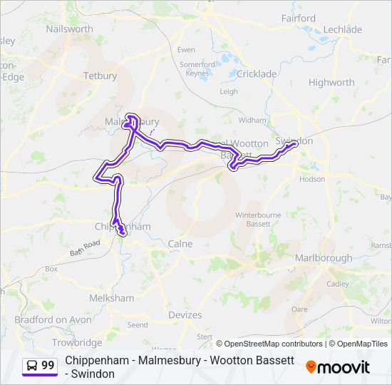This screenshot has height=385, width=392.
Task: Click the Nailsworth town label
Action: (x=69, y=29)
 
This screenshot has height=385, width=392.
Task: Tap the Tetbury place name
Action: (x=100, y=76)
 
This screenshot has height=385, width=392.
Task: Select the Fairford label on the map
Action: (x=299, y=18)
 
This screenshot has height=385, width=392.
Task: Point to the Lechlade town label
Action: (x=343, y=29)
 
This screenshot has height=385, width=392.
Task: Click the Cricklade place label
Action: (x=257, y=73)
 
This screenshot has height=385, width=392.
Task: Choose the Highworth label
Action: (x=331, y=82)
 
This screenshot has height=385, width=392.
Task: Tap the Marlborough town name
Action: (x=324, y=257)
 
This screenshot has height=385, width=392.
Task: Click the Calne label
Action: (x=180, y=243)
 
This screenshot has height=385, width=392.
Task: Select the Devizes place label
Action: (x=185, y=314)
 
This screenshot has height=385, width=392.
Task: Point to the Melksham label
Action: (x=112, y=298)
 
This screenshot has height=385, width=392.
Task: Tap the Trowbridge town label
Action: (x=77, y=342)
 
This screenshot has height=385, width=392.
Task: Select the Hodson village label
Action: (x=312, y=179)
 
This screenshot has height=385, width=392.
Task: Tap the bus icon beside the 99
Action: (x=32, y=366)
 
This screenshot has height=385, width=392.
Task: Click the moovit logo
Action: (x=337, y=367)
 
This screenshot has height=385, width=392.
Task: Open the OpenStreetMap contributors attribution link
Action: (x=273, y=343)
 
